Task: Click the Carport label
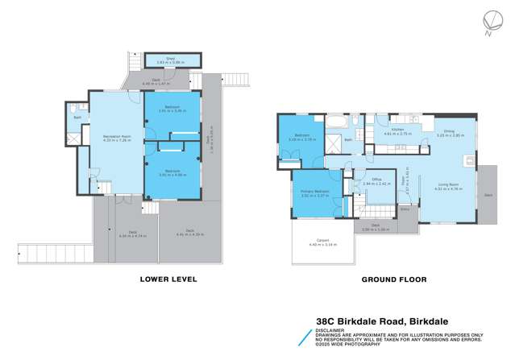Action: coord(321,240)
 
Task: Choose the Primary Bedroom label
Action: coord(310,190)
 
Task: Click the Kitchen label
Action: coord(397,129)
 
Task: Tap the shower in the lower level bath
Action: coord(73,138)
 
